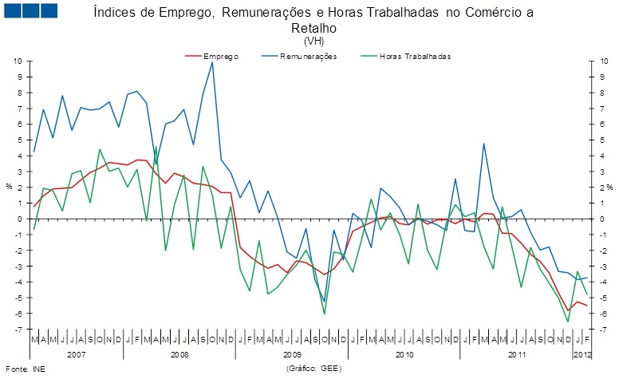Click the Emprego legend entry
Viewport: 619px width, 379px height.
[221, 57]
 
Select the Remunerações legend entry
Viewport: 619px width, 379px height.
[309, 57]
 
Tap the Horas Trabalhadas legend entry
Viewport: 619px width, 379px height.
[415, 57]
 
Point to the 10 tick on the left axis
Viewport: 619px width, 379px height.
[20, 61]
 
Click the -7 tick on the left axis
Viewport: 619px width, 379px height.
[20, 329]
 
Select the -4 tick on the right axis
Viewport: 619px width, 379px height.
[599, 282]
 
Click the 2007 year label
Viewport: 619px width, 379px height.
[77, 353]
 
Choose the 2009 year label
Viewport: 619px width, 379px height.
[293, 353]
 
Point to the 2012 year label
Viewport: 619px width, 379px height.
[582, 353]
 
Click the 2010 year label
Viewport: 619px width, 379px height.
[404, 353]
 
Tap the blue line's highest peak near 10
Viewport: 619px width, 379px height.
[212, 62]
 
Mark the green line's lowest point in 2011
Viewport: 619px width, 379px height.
[568, 322]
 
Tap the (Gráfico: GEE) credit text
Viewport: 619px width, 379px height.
[312, 369]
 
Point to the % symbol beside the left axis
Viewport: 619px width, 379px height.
[9, 187]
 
